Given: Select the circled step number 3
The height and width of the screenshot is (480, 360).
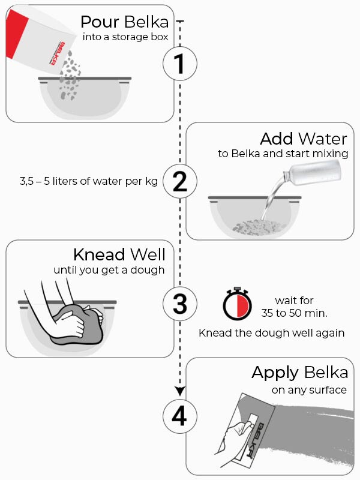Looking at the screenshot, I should coord(180,304).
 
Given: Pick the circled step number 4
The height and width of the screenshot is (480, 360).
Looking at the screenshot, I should coord(179,416).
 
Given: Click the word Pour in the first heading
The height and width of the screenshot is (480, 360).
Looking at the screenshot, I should coord(100,22).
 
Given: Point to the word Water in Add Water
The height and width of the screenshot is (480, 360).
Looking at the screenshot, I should coord(323,139).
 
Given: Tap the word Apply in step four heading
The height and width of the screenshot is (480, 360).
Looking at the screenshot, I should coord(275,373).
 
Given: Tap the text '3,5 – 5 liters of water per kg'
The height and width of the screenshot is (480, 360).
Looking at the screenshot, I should coord(88,181).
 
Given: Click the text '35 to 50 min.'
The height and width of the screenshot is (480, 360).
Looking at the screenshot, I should coord(294,313).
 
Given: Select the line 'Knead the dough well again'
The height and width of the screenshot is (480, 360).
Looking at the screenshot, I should coord(271,332).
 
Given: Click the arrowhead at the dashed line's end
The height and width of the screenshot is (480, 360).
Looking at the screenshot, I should coord(180,391).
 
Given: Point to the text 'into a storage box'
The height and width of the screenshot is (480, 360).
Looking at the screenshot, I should coord(125,37).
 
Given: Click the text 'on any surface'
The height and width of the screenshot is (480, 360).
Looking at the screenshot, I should coord(309,390).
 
